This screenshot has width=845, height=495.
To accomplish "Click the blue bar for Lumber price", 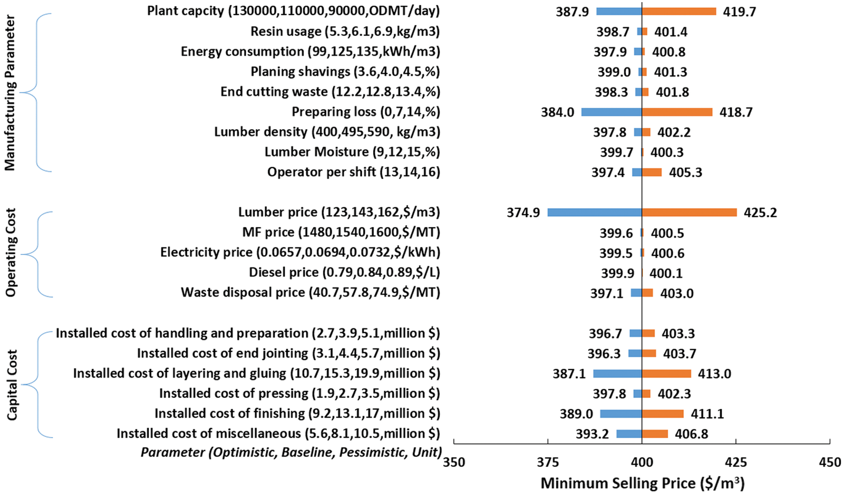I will (594, 212).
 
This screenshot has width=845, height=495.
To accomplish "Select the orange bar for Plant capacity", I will (679, 11).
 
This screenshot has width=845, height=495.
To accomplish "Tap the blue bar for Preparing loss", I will (611, 112).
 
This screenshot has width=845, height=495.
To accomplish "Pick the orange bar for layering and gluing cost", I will (666, 373).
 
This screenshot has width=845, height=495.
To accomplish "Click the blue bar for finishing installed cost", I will (621, 414).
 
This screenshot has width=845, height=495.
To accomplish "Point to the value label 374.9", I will (523, 213).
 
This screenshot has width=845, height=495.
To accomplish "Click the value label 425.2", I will (760, 213).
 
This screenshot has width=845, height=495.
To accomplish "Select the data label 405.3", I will (685, 172).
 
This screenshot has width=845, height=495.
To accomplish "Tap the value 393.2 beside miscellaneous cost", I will (592, 434).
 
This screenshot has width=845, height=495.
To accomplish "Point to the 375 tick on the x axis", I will (548, 463).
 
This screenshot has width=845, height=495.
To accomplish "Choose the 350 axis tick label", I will (454, 463).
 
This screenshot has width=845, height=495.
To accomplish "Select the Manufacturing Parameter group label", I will (10, 93).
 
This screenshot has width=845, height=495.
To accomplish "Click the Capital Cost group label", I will (12, 385).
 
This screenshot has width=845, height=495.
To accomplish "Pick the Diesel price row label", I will (344, 272).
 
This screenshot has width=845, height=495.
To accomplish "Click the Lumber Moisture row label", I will (352, 152).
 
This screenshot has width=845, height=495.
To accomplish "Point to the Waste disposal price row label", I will (310, 292).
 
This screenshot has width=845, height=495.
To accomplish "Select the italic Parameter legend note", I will (291, 452).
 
